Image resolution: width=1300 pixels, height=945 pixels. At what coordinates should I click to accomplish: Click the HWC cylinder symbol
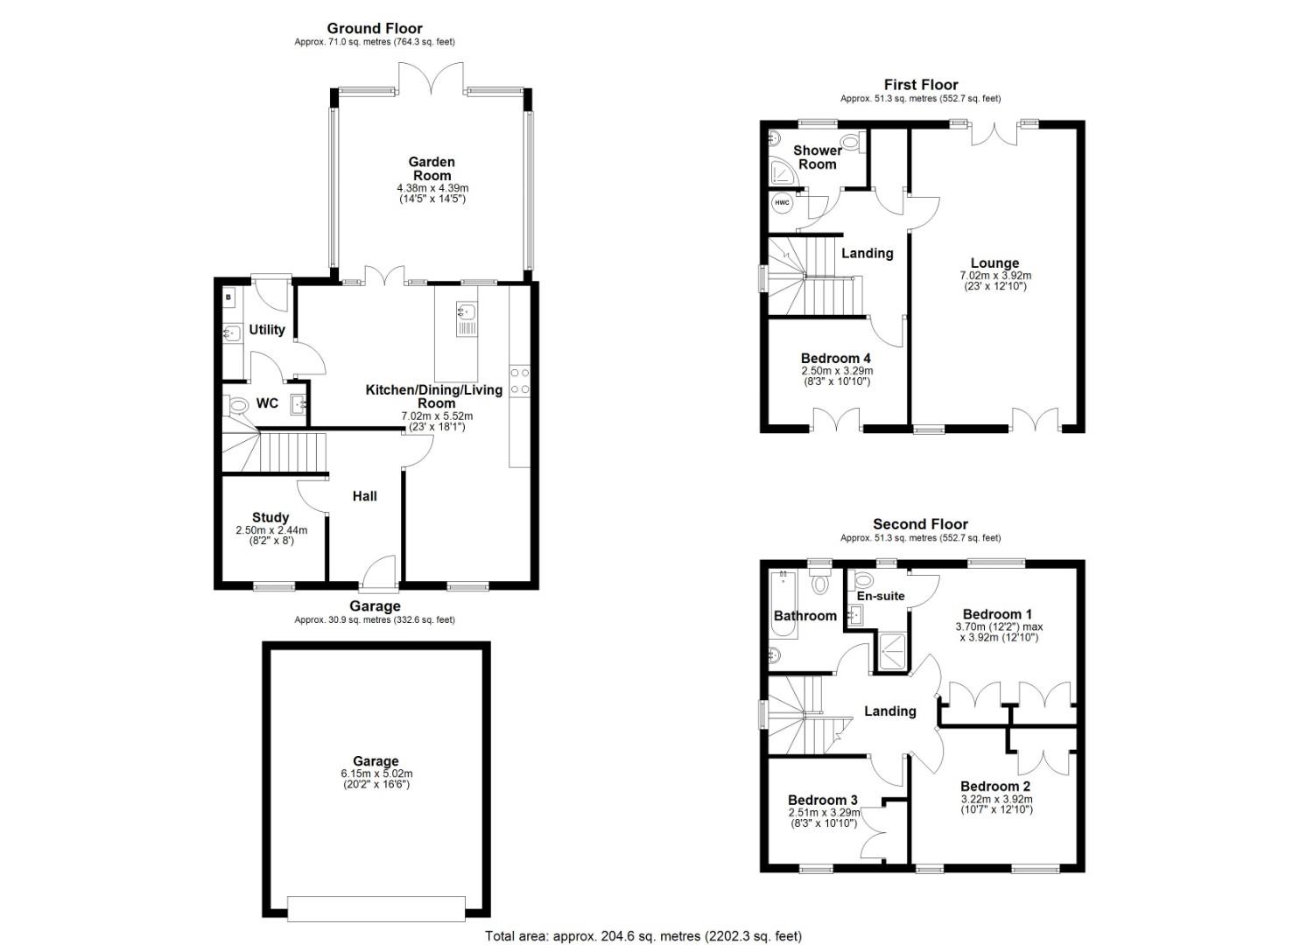(782, 203)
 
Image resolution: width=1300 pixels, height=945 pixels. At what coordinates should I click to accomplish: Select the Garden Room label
(432, 169)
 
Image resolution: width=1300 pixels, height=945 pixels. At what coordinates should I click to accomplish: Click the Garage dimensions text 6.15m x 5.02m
(376, 773)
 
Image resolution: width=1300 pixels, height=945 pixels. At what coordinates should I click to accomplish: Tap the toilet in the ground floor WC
(236, 406)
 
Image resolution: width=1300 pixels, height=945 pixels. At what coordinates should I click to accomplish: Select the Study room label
(271, 517)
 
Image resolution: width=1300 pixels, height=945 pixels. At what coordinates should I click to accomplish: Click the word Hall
(364, 496)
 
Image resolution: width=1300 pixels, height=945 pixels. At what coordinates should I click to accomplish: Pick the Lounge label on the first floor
(994, 263)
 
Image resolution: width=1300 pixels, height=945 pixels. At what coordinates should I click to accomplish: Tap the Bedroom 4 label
(836, 359)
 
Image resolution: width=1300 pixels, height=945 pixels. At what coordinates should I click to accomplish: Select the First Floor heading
(921, 85)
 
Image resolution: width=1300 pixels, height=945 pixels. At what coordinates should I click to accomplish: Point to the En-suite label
(881, 596)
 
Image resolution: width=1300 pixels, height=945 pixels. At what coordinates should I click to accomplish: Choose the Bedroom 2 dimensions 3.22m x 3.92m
(997, 799)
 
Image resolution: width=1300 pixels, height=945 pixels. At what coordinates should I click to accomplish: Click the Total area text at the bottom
(643, 935)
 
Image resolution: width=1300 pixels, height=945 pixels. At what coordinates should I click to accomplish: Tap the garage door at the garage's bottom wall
(376, 909)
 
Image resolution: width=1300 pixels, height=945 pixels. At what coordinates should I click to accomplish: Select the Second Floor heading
(920, 524)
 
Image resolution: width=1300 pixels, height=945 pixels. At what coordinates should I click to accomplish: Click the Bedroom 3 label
(822, 801)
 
